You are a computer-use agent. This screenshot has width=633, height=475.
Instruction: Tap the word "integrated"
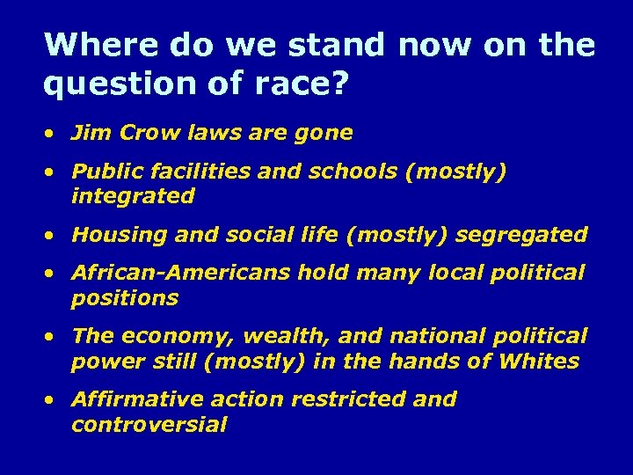pos(133,196)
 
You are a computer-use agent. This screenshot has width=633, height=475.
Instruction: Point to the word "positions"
pos(125,298)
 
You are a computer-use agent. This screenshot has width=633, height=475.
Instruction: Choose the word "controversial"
pos(149,425)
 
